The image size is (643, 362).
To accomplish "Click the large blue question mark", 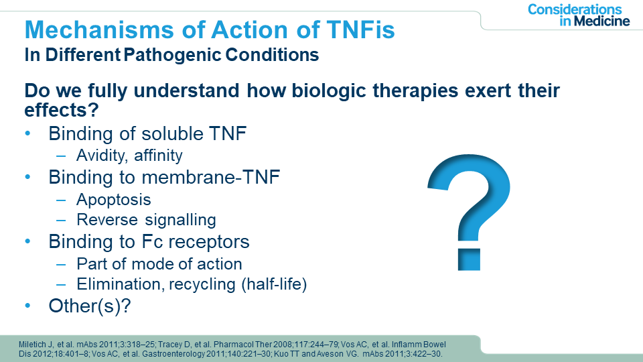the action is (x=470, y=213).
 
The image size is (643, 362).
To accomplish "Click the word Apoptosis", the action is (x=114, y=200).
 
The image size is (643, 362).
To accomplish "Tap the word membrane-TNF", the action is (x=210, y=177).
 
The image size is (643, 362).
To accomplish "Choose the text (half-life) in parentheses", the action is (x=274, y=284).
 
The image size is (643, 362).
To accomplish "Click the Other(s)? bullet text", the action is (x=89, y=306).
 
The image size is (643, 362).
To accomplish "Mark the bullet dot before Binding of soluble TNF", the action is (x=28, y=133).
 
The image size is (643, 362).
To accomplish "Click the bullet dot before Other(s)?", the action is (x=28, y=305).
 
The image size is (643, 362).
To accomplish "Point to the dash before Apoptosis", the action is (x=61, y=200).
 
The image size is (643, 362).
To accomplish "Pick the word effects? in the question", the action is (x=62, y=109).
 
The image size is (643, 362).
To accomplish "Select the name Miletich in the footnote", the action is (x=31, y=345).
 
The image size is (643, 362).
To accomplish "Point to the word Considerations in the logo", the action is (x=575, y=9).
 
